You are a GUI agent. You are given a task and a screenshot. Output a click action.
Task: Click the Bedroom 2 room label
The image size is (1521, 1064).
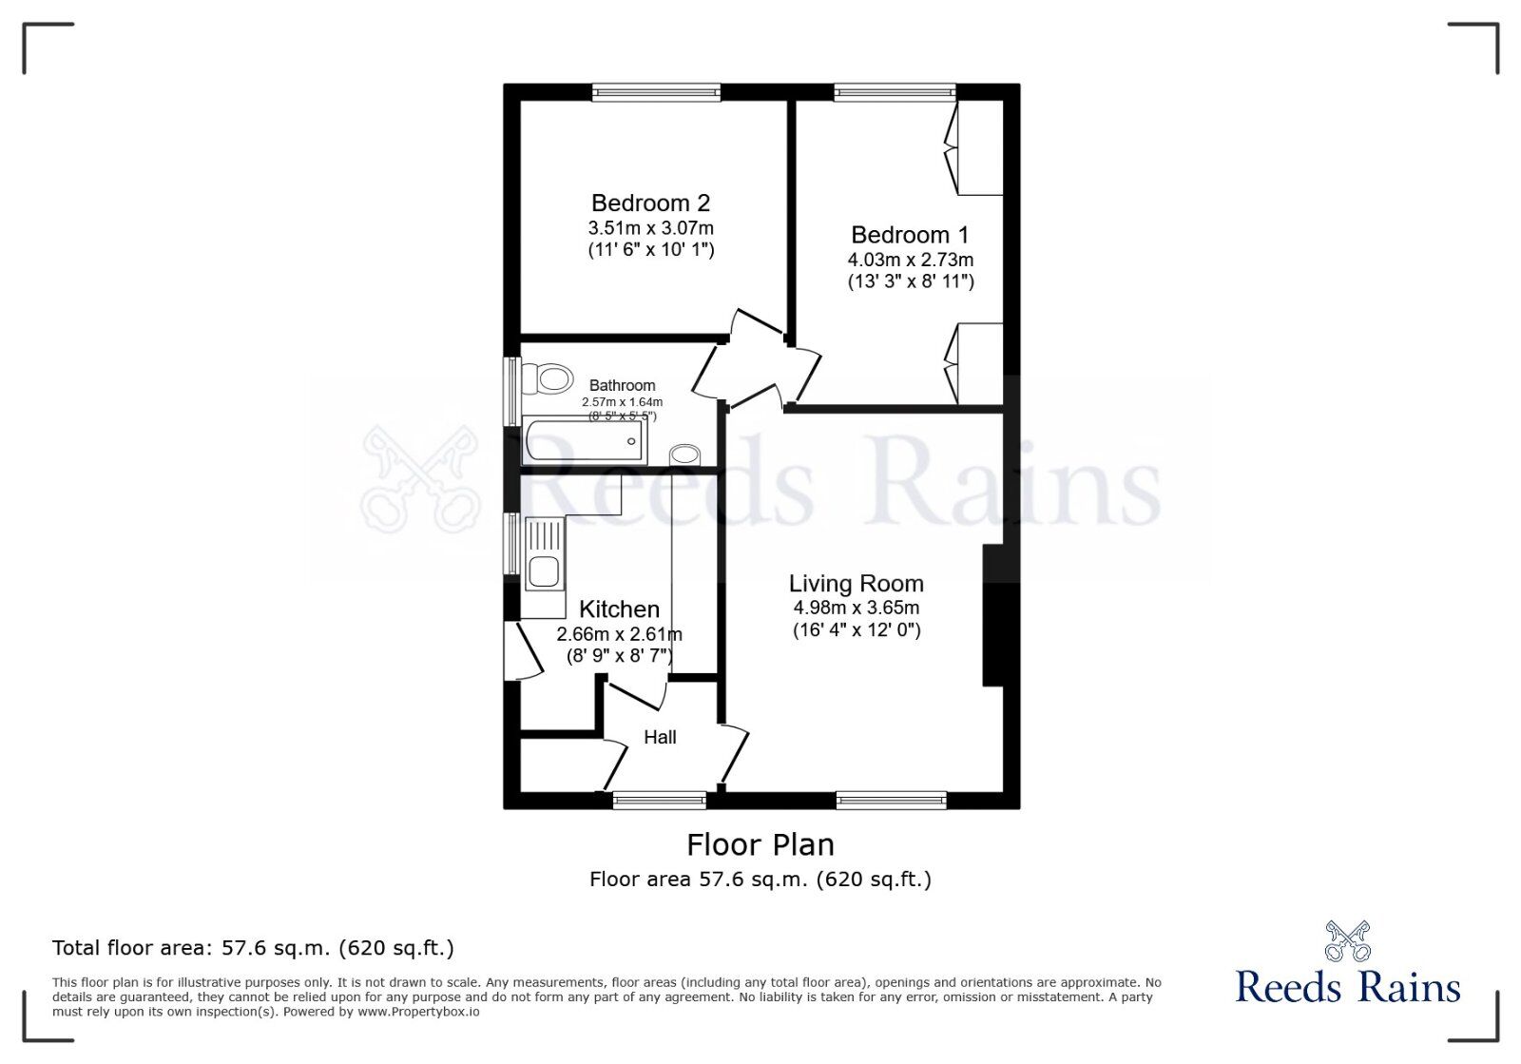pos(650,203)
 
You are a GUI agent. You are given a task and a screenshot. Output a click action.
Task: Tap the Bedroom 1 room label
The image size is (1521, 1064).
pos(910,235)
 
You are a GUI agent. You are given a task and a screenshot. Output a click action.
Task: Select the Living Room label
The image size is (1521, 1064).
pos(857,583)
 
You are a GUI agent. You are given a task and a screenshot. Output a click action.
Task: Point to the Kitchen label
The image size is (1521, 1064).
pos(619,609)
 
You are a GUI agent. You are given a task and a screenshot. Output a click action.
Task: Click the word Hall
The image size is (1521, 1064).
pos(660,738)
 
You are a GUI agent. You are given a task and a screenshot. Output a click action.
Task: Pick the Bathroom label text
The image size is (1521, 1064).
pos(622,386)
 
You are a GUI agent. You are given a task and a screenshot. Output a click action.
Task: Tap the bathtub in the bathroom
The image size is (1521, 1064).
pos(585,440)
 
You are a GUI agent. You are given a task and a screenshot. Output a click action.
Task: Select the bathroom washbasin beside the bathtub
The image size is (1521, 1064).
pos(684,455)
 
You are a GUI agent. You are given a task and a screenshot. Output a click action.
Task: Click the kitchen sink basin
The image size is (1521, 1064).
pos(544,571)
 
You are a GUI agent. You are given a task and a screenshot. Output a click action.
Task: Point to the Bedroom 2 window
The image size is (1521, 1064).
pos(656,91)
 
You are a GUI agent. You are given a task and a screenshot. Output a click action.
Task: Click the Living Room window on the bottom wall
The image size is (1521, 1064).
pos(891,801)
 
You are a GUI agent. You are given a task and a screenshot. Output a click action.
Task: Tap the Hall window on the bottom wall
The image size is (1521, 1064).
pos(660,801)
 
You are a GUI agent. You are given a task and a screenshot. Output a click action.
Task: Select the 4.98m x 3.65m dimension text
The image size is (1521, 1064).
pos(857,608)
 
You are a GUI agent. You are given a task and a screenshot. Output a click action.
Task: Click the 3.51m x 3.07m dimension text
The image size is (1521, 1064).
pos(650,227)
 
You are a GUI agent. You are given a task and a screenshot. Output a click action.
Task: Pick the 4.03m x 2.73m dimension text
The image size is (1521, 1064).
pos(910,260)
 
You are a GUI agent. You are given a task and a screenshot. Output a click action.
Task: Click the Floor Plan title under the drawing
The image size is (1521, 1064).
pos(760,845)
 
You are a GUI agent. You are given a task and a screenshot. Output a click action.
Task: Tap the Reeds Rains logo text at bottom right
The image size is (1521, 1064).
pos(1348,987)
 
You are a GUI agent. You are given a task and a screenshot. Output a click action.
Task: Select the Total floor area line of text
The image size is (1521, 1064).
pos(253,948)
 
